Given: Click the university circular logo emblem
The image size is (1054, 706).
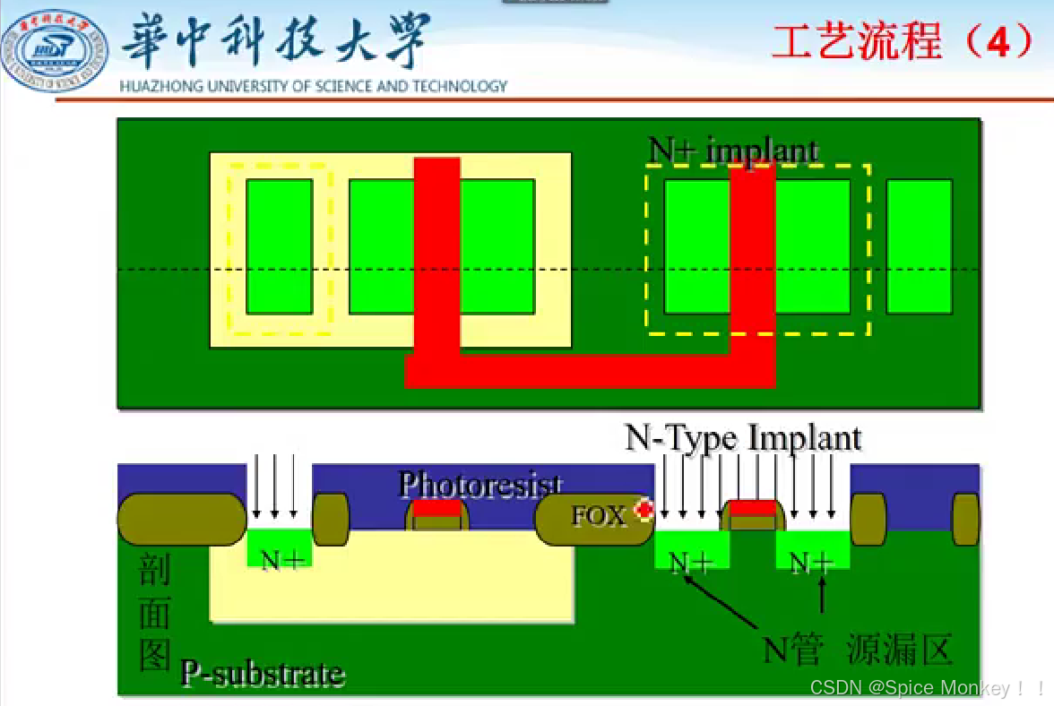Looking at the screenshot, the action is pyautogui.click(x=55, y=49).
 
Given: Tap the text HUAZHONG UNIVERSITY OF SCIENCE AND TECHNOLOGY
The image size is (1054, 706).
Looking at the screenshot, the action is pyautogui.click(x=314, y=87).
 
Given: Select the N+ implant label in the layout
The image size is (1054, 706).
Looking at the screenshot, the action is pyautogui.click(x=733, y=150).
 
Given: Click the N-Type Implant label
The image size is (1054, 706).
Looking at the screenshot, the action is pyautogui.click(x=743, y=438).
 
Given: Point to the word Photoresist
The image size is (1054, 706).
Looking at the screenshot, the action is pyautogui.click(x=480, y=485).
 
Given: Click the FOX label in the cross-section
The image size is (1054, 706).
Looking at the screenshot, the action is pyautogui.click(x=599, y=516).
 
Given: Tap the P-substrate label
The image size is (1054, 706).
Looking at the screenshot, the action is pyautogui.click(x=263, y=673).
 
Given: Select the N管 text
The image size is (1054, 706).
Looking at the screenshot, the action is pyautogui.click(x=792, y=650).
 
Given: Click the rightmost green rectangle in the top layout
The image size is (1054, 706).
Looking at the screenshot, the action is pyautogui.click(x=919, y=246).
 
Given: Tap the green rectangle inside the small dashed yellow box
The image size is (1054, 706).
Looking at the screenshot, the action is pyautogui.click(x=280, y=246).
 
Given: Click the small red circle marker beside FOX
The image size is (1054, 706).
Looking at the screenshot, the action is pyautogui.click(x=643, y=510).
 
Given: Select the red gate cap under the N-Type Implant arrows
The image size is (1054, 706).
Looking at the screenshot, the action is pyautogui.click(x=752, y=509).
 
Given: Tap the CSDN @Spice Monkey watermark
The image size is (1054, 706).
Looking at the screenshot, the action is pyautogui.click(x=927, y=688).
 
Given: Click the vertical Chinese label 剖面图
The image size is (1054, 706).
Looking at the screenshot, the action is pyautogui.click(x=154, y=614).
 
